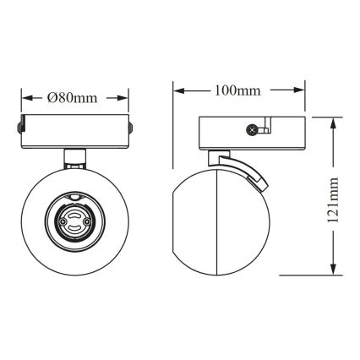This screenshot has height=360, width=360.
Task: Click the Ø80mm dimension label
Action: (x=74, y=98)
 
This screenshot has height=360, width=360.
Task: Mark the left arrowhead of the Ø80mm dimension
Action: (x=24, y=98)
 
